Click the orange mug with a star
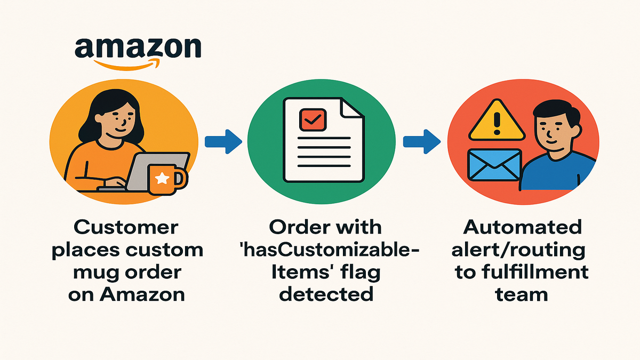[x=166, y=178]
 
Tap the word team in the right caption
[x=522, y=294]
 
